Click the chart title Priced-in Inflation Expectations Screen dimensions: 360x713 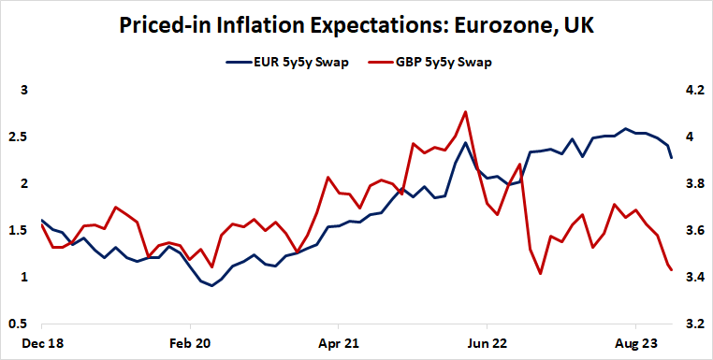[356, 26]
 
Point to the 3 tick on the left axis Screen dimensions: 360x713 [25, 91]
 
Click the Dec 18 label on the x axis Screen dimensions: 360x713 [42, 344]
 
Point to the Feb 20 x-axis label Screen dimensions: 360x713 [189, 344]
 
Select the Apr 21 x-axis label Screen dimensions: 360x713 [337, 344]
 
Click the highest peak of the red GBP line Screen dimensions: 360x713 [465, 111]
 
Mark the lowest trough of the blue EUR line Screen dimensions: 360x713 [211, 285]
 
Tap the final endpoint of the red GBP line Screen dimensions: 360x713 [671, 270]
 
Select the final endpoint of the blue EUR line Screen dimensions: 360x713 [671, 158]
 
